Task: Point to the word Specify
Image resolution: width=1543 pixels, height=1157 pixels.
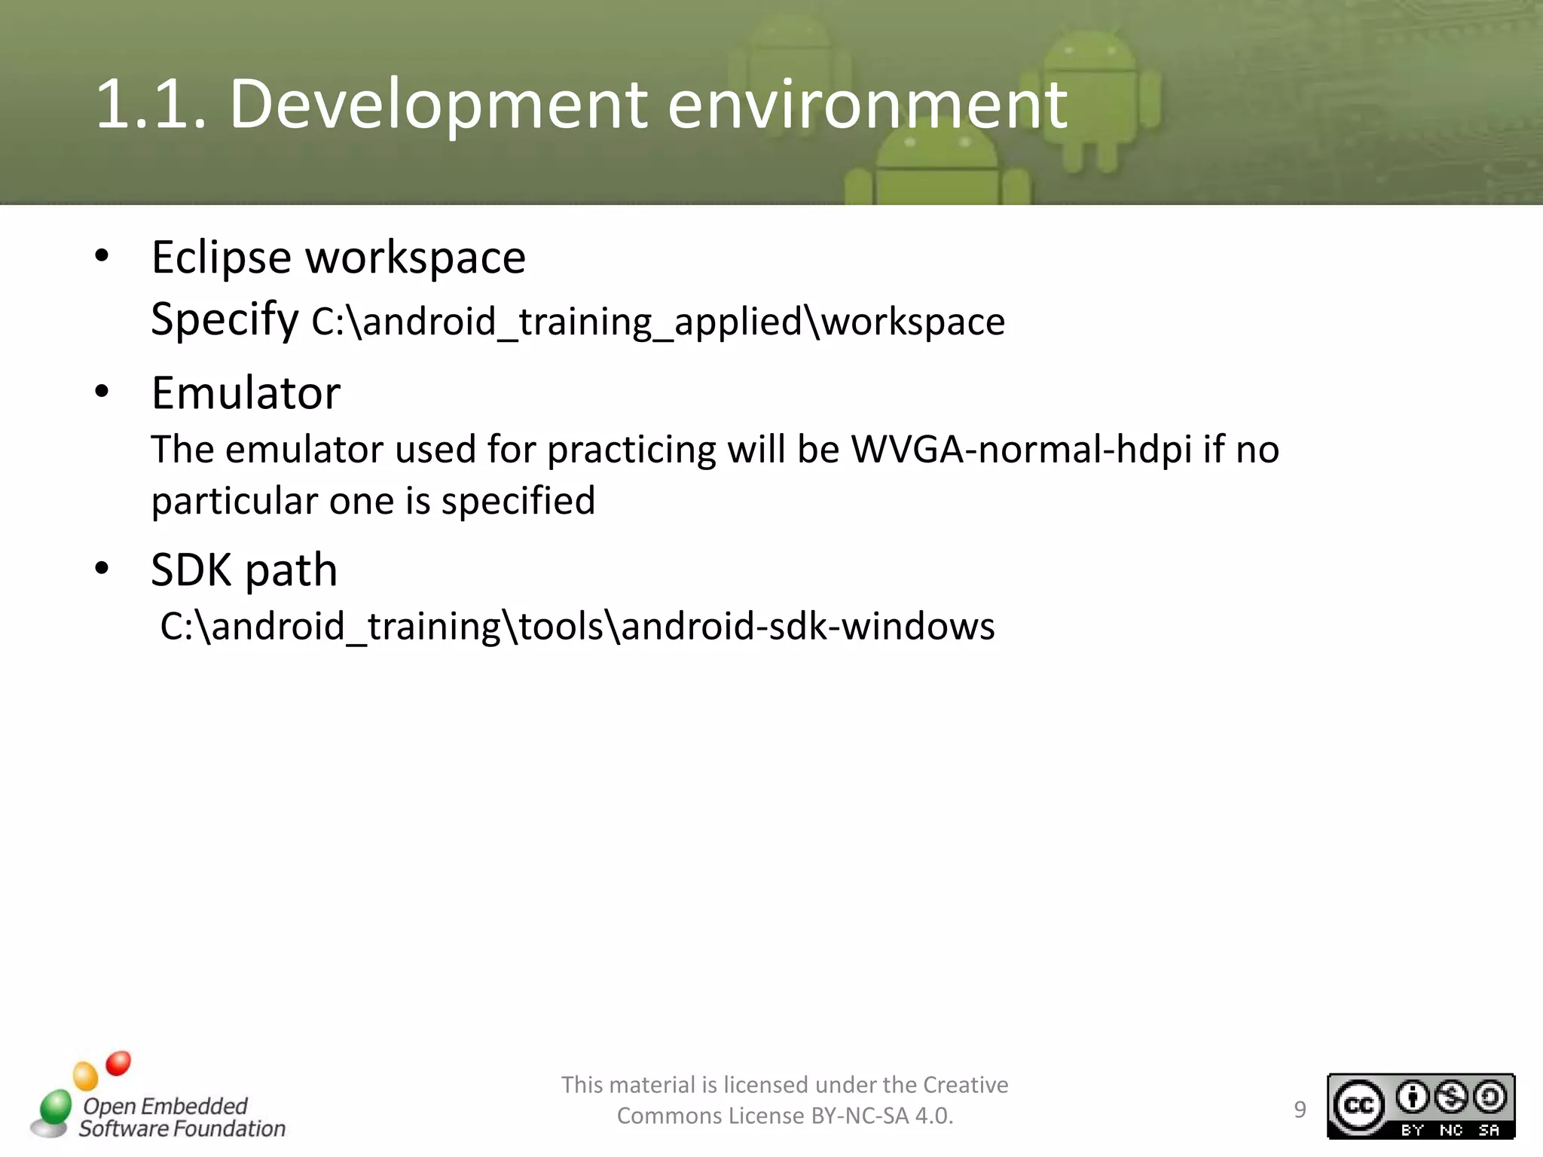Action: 225,320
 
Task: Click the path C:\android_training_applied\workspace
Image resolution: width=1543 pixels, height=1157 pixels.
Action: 658,322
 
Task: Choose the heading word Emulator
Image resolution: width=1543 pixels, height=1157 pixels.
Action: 246,393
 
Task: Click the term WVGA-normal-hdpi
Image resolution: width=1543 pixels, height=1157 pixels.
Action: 1021,450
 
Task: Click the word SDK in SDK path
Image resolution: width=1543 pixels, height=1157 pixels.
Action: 191,570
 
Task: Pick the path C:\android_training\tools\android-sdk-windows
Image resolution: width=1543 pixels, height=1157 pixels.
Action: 577,627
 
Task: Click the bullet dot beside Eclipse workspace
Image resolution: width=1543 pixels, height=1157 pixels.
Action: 102,257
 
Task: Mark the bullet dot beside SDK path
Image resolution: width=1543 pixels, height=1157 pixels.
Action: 102,569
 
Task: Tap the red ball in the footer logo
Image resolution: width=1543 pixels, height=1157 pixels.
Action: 118,1063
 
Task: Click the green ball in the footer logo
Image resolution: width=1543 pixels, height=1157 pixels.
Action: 55,1107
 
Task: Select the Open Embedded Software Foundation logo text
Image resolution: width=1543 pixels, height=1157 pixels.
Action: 181,1117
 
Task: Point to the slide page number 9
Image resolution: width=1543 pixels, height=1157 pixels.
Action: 1300,1110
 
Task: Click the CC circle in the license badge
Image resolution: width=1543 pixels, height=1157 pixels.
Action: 1358,1106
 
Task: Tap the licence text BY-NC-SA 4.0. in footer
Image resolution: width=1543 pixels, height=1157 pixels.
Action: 881,1116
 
